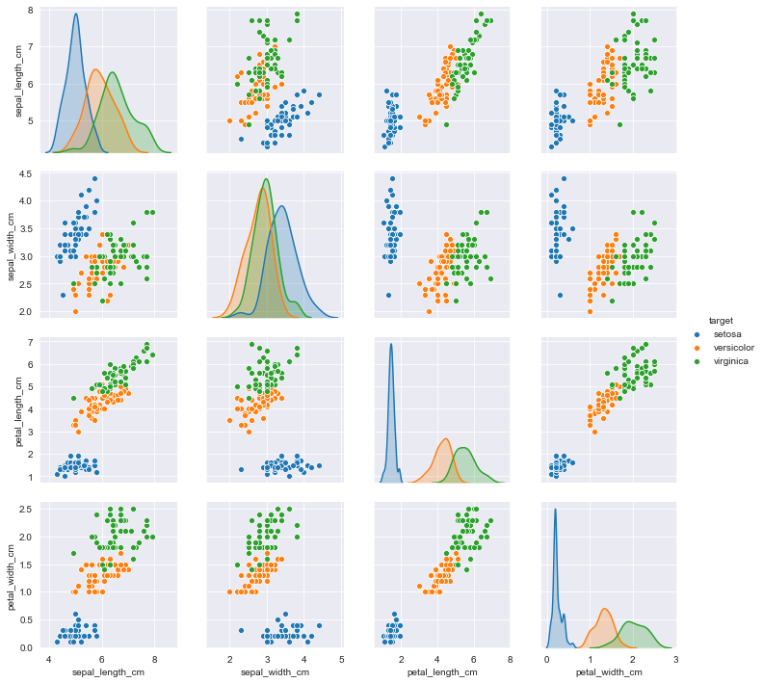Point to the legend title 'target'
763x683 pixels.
point(722,319)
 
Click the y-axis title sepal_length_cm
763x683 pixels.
point(18,81)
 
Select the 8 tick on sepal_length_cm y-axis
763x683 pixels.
point(33,10)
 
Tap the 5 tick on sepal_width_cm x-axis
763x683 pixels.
point(343,660)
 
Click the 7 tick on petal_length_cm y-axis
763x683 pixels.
point(33,343)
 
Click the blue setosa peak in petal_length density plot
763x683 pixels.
point(391,344)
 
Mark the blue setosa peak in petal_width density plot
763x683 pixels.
point(556,509)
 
